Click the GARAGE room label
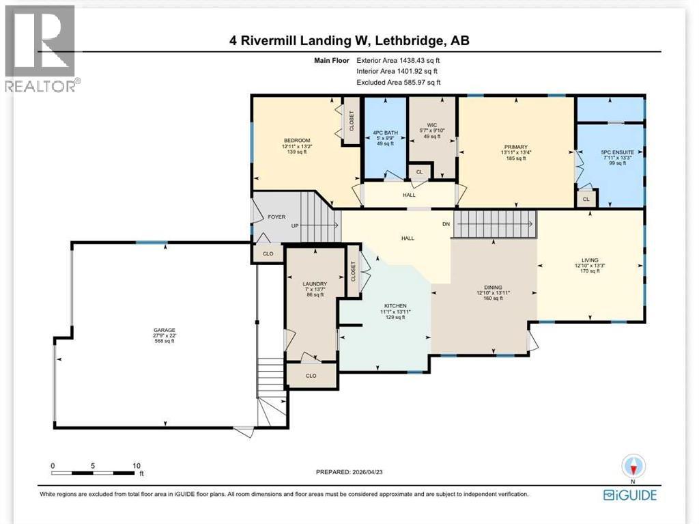[164, 329]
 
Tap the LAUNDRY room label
[315, 284]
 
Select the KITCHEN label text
[395, 305]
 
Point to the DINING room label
[489, 288]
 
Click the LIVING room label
[590, 260]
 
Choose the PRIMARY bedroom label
[516, 146]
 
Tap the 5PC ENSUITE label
[610, 152]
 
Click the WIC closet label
[431, 124]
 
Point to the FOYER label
[276, 217]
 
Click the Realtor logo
[40, 49]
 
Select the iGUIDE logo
[632, 494]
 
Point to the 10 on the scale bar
[137, 465]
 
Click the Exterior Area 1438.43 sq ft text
[402, 60]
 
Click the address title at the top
[349, 41]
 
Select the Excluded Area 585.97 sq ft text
[402, 82]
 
